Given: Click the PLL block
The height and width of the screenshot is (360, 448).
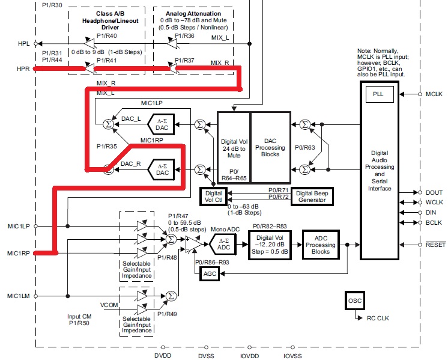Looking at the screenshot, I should (377, 94).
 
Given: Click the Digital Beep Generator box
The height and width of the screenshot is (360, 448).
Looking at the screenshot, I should (312, 197).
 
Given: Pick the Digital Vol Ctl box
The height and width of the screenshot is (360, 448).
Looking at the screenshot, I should (214, 197).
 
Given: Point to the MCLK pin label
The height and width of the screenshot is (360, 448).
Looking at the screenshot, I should (434, 94).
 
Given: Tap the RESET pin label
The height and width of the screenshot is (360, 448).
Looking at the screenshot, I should (435, 245).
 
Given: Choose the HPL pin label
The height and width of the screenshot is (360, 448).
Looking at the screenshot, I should (23, 44).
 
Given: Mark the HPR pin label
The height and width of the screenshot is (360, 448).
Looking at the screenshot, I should (23, 69).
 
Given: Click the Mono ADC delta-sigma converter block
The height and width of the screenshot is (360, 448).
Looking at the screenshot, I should (223, 243).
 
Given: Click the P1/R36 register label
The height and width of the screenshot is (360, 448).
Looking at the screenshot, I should (184, 35).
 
